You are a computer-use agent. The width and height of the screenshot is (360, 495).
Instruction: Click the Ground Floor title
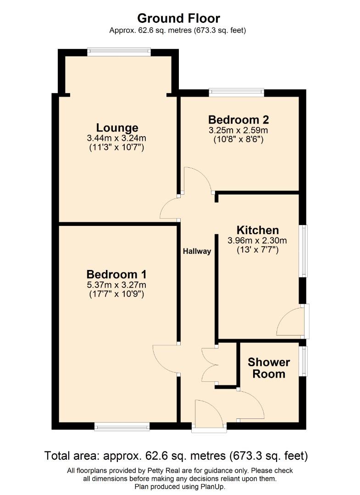179,18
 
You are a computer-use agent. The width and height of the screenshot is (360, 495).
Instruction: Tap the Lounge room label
117,128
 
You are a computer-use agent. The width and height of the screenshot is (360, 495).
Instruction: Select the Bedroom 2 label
238,120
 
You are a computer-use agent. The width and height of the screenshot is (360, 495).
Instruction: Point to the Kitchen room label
257,230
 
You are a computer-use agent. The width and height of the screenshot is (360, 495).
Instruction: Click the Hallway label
197,251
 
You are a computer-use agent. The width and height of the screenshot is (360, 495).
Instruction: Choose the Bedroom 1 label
116,275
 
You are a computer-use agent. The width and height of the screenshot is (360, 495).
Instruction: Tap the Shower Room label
269,368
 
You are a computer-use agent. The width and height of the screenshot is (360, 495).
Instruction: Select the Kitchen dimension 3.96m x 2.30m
257,240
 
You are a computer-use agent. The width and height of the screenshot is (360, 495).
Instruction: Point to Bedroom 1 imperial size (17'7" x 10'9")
116,295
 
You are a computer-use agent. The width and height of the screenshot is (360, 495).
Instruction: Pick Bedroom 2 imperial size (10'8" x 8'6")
238,139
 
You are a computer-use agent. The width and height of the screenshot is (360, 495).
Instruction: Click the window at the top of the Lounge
119,52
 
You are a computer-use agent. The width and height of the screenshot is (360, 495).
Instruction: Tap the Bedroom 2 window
237,93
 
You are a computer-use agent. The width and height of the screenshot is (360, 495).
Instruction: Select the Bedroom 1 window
122,427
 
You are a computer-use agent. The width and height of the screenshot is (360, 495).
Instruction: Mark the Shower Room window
304,361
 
